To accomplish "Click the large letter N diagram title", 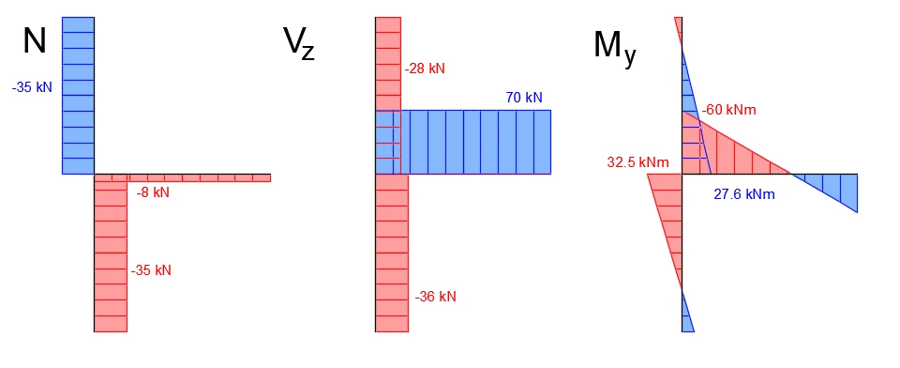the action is (35, 40).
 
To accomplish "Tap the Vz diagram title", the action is (299, 44).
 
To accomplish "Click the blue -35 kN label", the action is (32, 88).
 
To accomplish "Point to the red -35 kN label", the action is (151, 270).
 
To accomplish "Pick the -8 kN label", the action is (153, 192).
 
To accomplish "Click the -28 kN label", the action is (425, 69).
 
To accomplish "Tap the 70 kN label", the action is (523, 98).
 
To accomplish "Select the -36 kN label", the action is (436, 298).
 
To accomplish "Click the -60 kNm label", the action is (729, 110).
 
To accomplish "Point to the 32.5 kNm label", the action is (637, 162).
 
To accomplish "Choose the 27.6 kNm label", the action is (743, 194).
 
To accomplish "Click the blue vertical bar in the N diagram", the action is (78, 96).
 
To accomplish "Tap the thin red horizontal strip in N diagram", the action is (183, 177).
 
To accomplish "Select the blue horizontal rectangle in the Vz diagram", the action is (463, 142).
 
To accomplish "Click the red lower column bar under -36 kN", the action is (392, 253).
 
